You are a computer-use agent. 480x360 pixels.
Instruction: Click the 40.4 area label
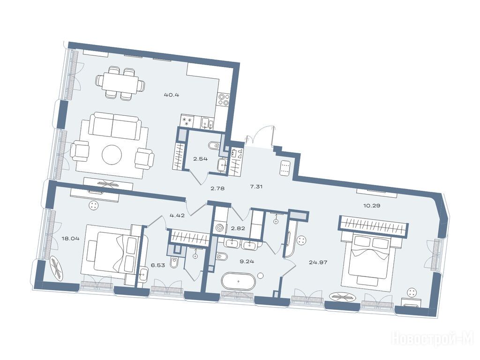(172, 95)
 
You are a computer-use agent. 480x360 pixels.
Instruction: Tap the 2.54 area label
(200, 159)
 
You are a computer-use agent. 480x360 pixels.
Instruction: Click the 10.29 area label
(372, 205)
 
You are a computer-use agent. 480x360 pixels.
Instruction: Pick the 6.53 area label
(158, 265)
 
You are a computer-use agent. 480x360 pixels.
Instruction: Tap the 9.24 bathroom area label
(247, 262)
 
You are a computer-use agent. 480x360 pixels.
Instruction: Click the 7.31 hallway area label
(256, 187)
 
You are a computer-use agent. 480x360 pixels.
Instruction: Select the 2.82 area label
(238, 228)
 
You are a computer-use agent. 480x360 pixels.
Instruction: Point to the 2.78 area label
(217, 188)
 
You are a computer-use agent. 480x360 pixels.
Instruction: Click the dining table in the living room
(120, 82)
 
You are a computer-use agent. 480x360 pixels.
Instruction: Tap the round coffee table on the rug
(112, 154)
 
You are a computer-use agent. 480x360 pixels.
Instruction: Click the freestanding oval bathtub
(238, 281)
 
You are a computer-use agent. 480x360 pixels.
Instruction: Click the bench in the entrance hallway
(285, 168)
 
